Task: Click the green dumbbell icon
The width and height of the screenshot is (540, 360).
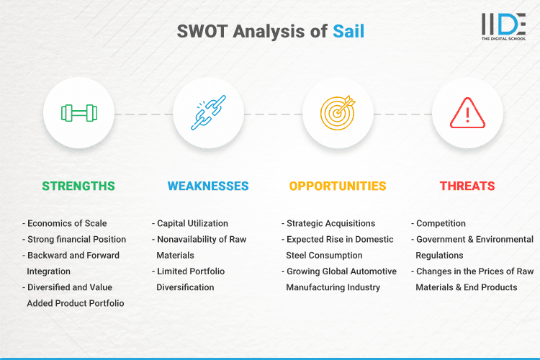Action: coord(78,113)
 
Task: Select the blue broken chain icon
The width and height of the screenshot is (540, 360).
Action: coord(208,113)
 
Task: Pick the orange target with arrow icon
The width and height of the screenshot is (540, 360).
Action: coord(338,113)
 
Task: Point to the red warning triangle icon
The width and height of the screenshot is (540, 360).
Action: coord(467,113)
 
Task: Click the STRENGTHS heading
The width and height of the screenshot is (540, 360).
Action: coord(78,186)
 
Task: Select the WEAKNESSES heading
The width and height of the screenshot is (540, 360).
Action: coord(208,186)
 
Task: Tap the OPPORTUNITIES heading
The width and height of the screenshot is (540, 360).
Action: coord(338,186)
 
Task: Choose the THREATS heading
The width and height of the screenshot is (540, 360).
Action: coord(467,186)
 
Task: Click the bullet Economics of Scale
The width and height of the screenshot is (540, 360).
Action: coord(66,223)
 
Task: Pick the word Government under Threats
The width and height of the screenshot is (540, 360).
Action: coord(442,239)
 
